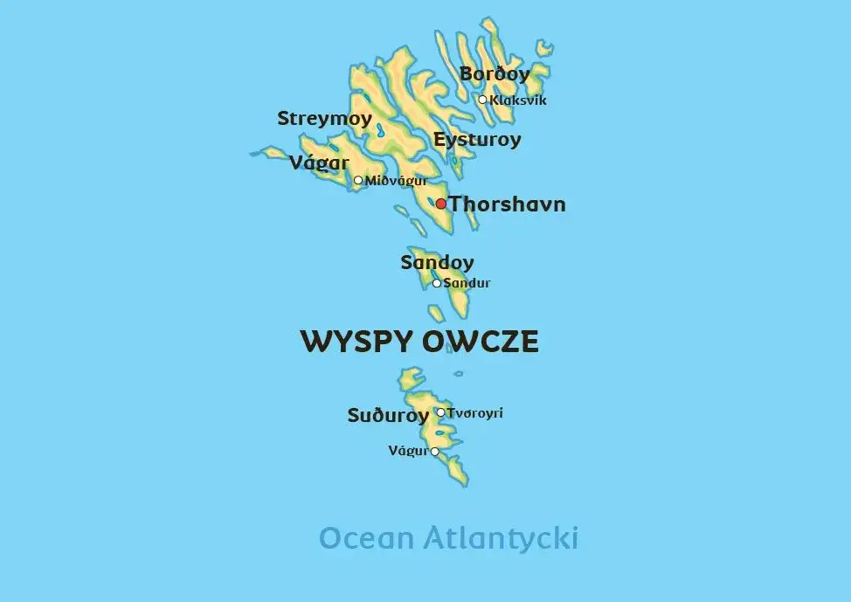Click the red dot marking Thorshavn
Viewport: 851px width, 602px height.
point(441,204)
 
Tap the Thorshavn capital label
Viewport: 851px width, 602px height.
point(508,204)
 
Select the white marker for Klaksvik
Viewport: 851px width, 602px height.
point(482,100)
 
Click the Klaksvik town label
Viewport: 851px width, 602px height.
point(518,100)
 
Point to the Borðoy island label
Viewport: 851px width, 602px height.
point(495,74)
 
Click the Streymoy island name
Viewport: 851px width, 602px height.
point(324,119)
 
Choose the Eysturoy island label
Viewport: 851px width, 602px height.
point(477,139)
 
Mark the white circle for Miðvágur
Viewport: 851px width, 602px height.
point(358,181)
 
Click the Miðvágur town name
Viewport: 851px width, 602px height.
point(396,181)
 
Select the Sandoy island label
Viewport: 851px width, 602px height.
point(437,262)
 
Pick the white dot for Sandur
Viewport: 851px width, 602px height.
point(437,283)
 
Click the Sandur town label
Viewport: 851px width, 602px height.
point(467,283)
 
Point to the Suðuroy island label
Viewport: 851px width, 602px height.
point(388,416)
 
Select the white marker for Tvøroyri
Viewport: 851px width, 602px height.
point(440,413)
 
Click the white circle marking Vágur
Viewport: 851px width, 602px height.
point(435,452)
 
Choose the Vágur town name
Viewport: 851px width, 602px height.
point(408,451)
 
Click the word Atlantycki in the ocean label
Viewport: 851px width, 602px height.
point(500,538)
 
